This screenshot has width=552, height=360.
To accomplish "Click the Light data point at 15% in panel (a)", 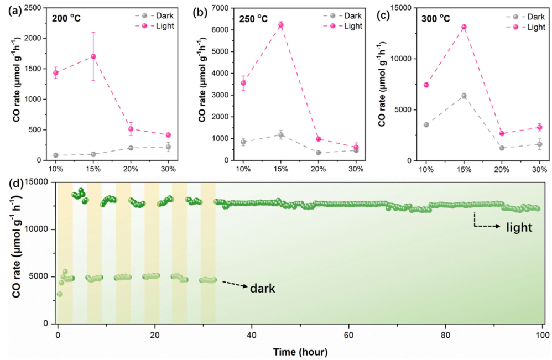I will [93, 56].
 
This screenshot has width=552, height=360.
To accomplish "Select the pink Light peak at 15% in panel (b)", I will [280, 25].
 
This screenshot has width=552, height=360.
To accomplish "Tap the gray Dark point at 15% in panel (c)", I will [464, 96].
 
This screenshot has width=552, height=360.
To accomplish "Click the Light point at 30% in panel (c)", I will [539, 127].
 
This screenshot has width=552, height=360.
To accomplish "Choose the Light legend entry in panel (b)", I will [345, 25].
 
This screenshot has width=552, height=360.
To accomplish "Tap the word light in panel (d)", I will [519, 227].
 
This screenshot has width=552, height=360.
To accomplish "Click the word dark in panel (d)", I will [263, 288].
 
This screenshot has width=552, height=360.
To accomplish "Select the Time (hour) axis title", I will [299, 352].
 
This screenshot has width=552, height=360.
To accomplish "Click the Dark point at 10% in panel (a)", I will [56, 155].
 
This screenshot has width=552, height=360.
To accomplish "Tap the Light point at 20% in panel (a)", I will [131, 129].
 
